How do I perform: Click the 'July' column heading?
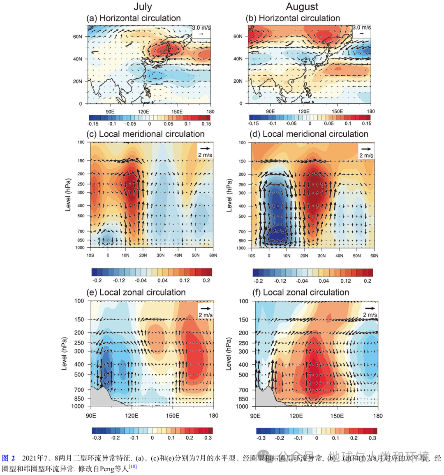tap(143, 7)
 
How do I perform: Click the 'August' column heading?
tap(302, 7)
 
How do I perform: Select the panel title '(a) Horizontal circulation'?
tap(133, 18)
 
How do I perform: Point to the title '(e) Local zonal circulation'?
tap(136, 292)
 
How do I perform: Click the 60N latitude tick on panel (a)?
tap(77, 37)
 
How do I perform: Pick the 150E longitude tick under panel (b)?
tap(337, 111)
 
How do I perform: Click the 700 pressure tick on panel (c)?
tap(81, 231)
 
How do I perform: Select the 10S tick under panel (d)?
tap(251, 256)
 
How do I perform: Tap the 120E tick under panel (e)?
tap(132, 416)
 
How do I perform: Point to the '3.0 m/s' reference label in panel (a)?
tap(201, 28)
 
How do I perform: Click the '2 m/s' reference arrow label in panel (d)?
tap(366, 155)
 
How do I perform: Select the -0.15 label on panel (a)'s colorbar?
tap(93, 123)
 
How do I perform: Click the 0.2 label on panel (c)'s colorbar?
tap(206, 280)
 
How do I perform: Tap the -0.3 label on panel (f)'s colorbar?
tap(261, 438)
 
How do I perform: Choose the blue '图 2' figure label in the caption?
tap(8, 458)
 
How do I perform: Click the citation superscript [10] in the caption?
tap(132, 466)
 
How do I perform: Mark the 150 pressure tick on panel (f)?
tap(243, 320)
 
